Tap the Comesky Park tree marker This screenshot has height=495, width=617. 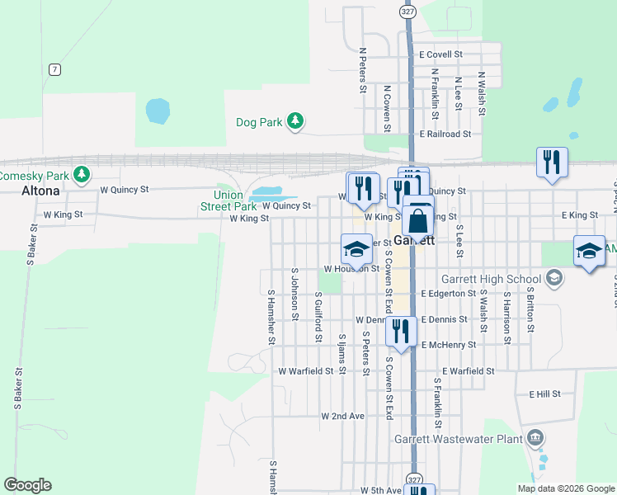pyautogui.click(x=81, y=174)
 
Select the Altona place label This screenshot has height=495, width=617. pyautogui.click(x=40, y=191)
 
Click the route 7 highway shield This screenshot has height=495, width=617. pyautogui.click(x=54, y=69)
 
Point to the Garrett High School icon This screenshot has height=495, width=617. pyautogui.click(x=554, y=278)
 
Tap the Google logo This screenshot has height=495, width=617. pyautogui.click(x=27, y=485)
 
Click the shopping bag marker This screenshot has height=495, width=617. pyautogui.click(x=418, y=220)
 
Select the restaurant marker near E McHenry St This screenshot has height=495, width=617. pyautogui.click(x=400, y=332)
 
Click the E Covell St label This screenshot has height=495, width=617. pyautogui.click(x=441, y=54)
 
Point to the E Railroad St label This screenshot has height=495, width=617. pyautogui.click(x=445, y=134)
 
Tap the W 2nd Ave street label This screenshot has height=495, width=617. pyautogui.click(x=343, y=417)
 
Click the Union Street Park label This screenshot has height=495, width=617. pyautogui.click(x=229, y=201)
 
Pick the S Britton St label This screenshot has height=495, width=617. pyautogui.click(x=530, y=310)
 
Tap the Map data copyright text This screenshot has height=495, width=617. pyautogui.click(x=564, y=488)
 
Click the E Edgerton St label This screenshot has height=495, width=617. pyautogui.click(x=448, y=294)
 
